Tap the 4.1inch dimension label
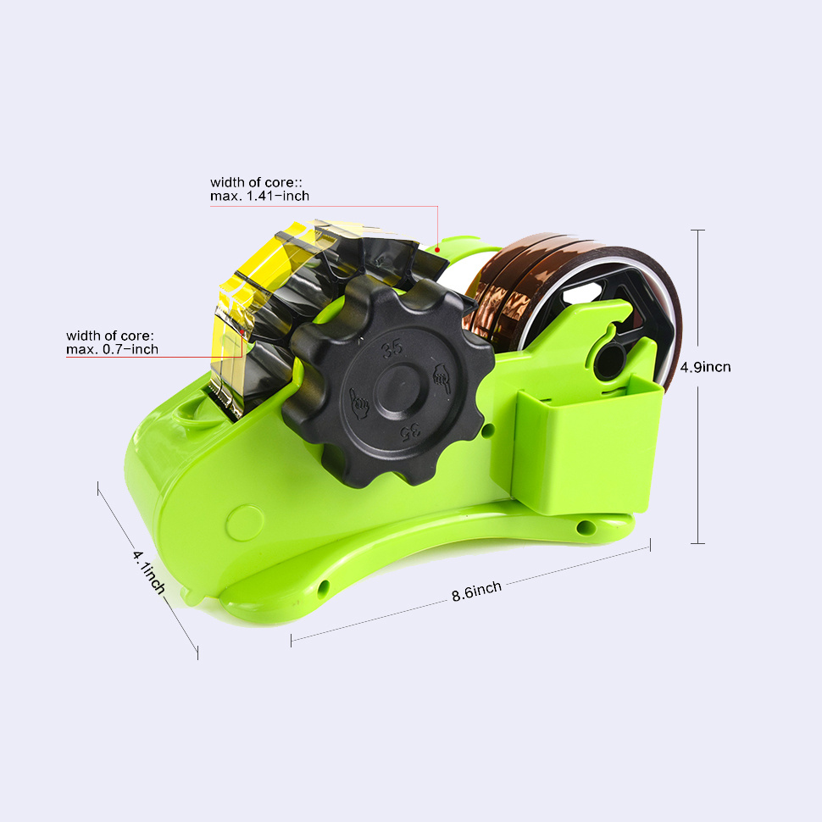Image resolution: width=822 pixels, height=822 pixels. (x=148, y=571)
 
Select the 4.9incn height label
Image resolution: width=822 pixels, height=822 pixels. (x=705, y=367)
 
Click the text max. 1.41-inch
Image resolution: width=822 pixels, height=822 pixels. (x=259, y=196)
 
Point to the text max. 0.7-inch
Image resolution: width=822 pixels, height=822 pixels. (x=112, y=349)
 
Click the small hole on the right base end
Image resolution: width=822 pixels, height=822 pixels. (x=580, y=528)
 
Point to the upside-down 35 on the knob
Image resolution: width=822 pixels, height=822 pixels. (x=408, y=432)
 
